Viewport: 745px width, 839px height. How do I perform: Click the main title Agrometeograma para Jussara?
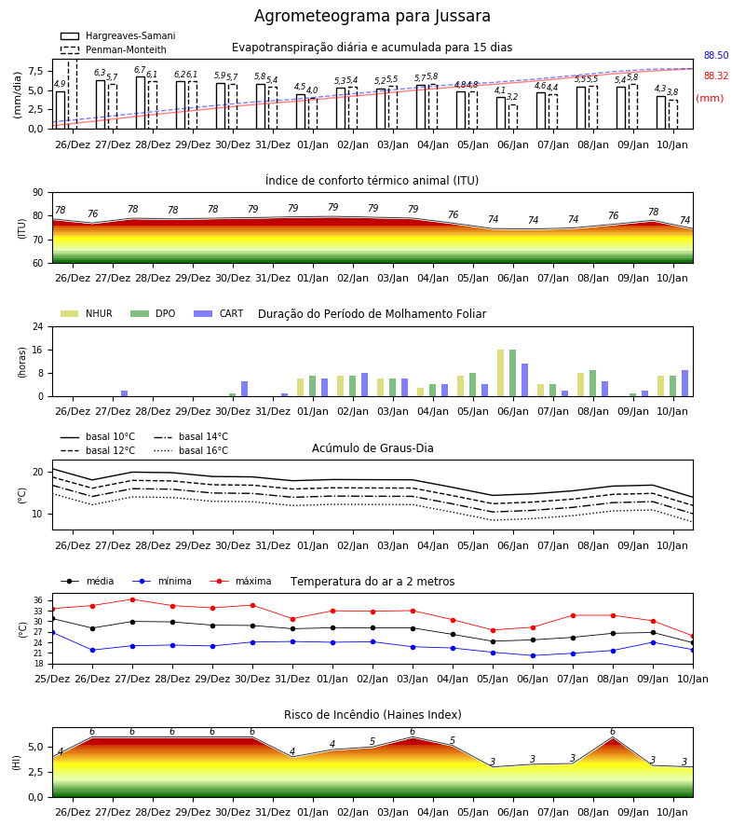[x=372, y=16]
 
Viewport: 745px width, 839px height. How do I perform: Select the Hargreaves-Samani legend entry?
[x=117, y=35]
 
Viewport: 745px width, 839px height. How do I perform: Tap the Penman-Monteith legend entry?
[x=114, y=49]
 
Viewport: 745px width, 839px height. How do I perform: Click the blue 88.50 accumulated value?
[x=716, y=55]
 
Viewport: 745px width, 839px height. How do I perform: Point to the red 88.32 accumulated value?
[x=716, y=76]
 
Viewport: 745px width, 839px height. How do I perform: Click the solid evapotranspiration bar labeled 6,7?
[x=141, y=103]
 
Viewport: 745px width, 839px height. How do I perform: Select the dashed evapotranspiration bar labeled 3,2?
[x=513, y=117]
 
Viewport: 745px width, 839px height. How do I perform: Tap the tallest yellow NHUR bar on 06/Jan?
[x=501, y=373]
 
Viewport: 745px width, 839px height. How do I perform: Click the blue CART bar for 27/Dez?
[x=125, y=393]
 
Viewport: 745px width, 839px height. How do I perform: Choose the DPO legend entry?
[x=153, y=313]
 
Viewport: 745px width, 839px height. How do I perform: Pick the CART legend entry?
[x=219, y=313]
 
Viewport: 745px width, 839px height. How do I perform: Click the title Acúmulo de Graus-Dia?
[x=372, y=448]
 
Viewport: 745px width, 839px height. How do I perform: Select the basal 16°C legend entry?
[x=191, y=450]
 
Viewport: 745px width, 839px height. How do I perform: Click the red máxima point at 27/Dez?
[x=132, y=599]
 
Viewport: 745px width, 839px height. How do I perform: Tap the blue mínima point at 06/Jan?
[x=533, y=655]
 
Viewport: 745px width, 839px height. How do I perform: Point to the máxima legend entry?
[x=241, y=581]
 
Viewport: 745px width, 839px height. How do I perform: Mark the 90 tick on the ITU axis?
[x=38, y=193]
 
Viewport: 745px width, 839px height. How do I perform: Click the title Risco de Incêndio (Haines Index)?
[x=372, y=715]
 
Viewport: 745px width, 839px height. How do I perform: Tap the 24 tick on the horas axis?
[x=38, y=326]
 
